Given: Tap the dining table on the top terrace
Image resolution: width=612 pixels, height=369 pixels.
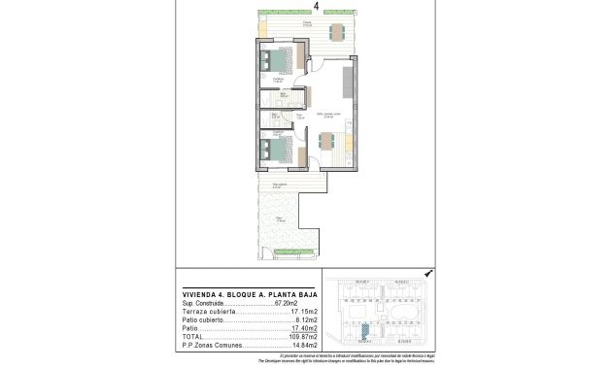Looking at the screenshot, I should pyautogui.click(x=336, y=32).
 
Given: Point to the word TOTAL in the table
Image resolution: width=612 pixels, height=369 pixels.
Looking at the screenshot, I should pyautogui.click(x=192, y=336).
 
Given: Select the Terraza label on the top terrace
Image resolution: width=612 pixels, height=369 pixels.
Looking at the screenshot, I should pyautogui.click(x=307, y=21).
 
